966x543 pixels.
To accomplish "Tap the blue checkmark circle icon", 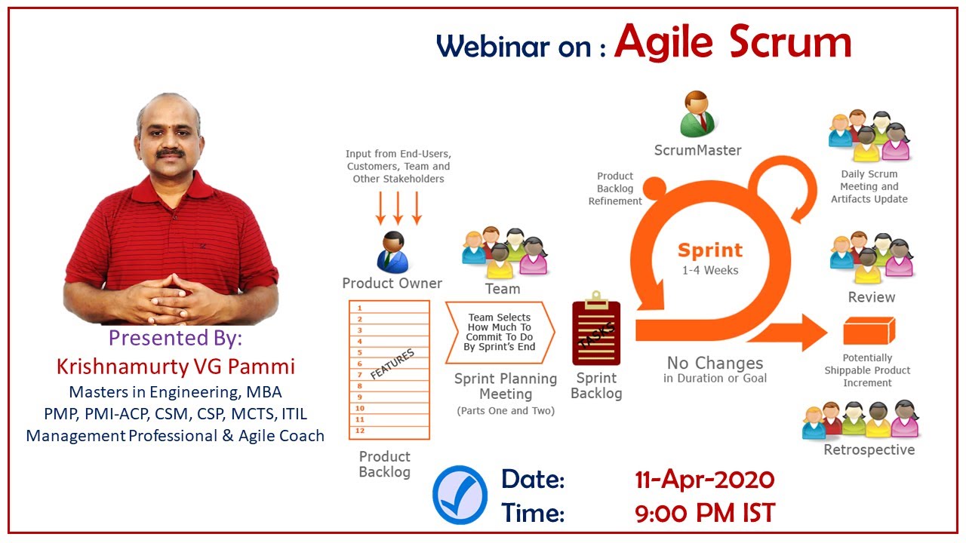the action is (x=460, y=495).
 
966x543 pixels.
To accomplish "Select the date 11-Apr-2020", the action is (x=705, y=479).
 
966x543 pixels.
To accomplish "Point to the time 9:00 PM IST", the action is (x=705, y=513).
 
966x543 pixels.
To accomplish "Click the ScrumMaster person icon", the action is (x=697, y=114).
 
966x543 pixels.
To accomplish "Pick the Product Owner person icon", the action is (x=392, y=253).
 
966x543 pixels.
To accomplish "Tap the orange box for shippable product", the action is (x=869, y=330).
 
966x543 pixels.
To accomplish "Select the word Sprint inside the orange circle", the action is (x=710, y=250).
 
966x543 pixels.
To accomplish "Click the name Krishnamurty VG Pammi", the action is (x=176, y=367).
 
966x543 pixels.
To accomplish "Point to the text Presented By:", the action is (x=175, y=337).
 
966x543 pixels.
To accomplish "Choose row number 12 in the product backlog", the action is (x=389, y=431).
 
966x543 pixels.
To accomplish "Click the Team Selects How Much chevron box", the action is (x=500, y=333).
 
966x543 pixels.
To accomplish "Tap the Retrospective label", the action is (x=869, y=449).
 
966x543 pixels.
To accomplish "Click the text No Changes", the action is (x=715, y=364).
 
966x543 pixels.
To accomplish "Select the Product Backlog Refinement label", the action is (x=615, y=189).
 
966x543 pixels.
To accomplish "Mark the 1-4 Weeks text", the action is (x=710, y=270).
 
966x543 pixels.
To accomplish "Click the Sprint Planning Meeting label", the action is (x=506, y=386).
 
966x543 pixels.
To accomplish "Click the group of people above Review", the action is (x=872, y=258).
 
